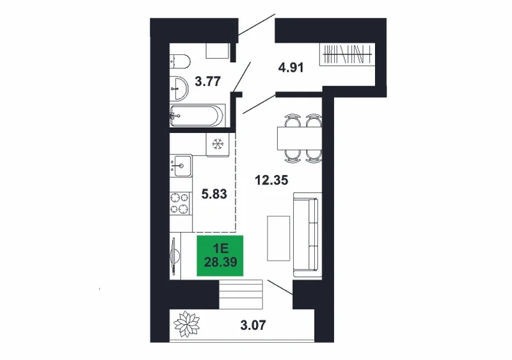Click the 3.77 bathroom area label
click(207, 81)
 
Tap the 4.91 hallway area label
click(291, 68)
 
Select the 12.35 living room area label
click(271, 180)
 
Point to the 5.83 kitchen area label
click(214, 194)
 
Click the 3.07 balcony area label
click(253, 325)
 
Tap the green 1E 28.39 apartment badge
click(220, 256)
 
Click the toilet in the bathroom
click(180, 61)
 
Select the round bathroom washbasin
click(179, 88)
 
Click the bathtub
click(197, 115)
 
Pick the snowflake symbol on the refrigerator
click(218, 144)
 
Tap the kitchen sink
click(182, 166)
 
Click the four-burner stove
click(180, 203)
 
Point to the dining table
click(300, 137)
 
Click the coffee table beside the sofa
click(278, 239)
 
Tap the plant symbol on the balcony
click(186, 324)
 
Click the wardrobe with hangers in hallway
click(347, 54)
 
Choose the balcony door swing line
click(280, 288)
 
